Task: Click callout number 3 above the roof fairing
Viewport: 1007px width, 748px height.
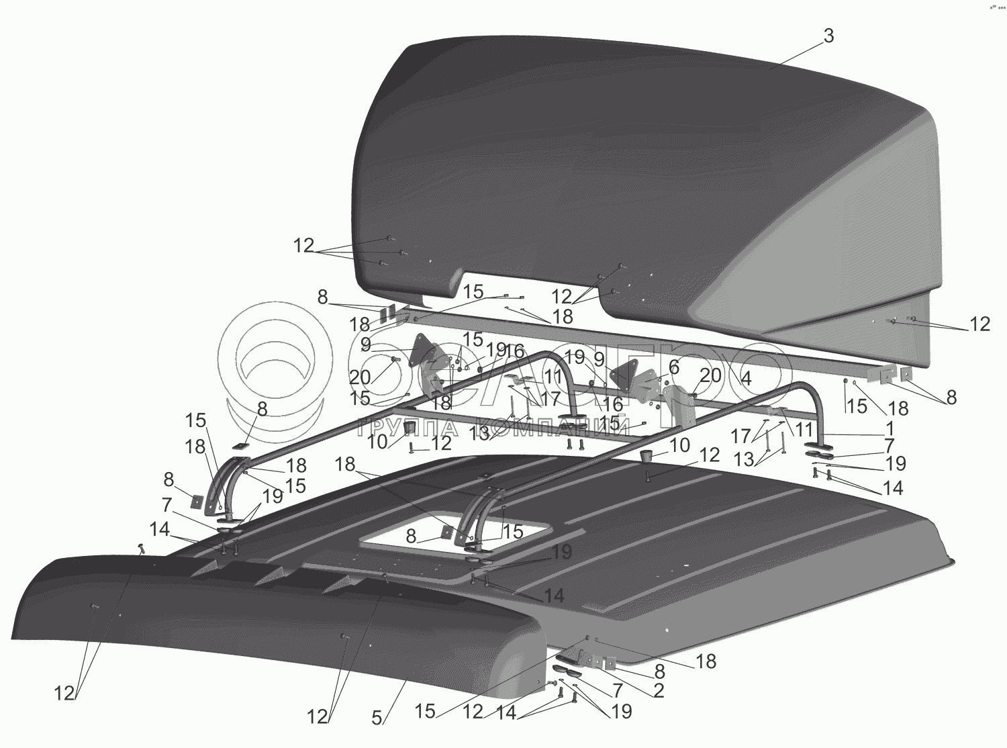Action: click(x=828, y=37)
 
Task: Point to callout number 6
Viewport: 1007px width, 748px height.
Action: click(x=673, y=367)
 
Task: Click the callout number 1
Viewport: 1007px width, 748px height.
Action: click(x=890, y=427)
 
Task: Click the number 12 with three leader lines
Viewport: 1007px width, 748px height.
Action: click(x=303, y=246)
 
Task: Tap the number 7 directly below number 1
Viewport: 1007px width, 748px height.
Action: click(x=890, y=445)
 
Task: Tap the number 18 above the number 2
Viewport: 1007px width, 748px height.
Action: click(x=706, y=661)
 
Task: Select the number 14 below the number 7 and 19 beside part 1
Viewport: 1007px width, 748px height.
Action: click(x=892, y=487)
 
